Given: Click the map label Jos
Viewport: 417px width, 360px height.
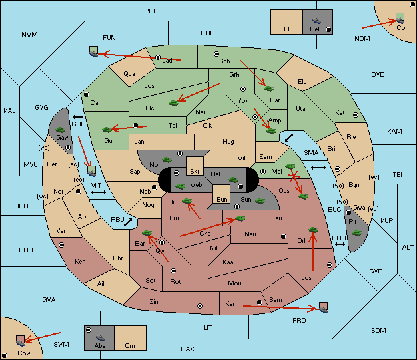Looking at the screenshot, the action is (x=149, y=86).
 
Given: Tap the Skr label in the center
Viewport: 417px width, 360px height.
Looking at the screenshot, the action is (x=195, y=172).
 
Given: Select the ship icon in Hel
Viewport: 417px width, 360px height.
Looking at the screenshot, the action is (x=316, y=21).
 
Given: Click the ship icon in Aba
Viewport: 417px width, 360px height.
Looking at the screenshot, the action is (x=100, y=338).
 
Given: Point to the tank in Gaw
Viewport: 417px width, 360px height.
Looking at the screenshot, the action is (x=61, y=130).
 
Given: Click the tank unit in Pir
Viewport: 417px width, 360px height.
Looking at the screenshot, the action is (x=356, y=233).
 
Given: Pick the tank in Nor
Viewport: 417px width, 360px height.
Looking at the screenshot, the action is (x=167, y=160).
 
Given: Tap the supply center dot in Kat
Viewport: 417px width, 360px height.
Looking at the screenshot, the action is (x=356, y=115).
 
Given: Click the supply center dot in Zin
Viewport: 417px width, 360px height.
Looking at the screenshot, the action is (x=200, y=306).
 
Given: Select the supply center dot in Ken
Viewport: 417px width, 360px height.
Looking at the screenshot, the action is (x=61, y=245).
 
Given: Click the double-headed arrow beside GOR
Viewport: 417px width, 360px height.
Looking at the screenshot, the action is (x=78, y=117).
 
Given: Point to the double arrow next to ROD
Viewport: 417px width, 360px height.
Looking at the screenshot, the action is (x=340, y=244).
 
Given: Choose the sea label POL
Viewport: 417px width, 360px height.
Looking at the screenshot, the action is (x=151, y=11).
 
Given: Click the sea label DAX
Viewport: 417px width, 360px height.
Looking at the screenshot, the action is (x=187, y=349).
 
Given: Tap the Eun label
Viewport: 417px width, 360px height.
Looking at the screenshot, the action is (x=222, y=199).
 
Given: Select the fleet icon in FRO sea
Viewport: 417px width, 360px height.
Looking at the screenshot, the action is (x=323, y=307).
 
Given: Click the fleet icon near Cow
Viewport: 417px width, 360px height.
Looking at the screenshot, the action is (x=20, y=341).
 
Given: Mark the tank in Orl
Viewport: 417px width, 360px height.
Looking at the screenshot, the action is (x=314, y=230).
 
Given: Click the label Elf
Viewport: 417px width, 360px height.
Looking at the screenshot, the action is (x=288, y=29).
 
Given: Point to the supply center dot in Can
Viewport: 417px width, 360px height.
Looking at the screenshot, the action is (x=87, y=94).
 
